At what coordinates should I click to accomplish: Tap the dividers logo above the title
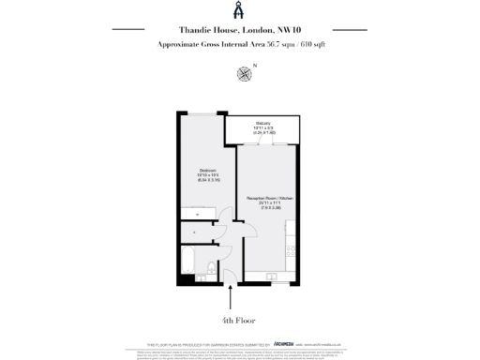[240, 10]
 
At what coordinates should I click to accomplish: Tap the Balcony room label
[262, 122]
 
